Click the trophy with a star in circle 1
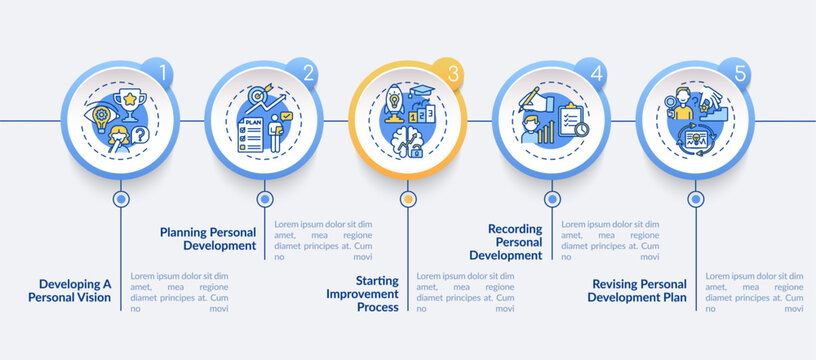pos(128,100)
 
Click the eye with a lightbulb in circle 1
pos(104,114)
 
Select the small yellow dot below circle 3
pos(407,199)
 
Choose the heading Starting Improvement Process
pos(363,294)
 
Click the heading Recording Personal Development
pos(514,241)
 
